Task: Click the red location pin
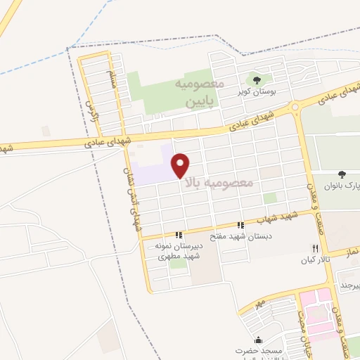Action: (x=181, y=165)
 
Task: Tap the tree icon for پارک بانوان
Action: (x=342, y=174)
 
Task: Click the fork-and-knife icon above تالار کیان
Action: (x=315, y=249)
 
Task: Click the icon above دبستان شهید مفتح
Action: (x=241, y=226)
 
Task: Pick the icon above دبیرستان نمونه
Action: (x=179, y=235)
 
